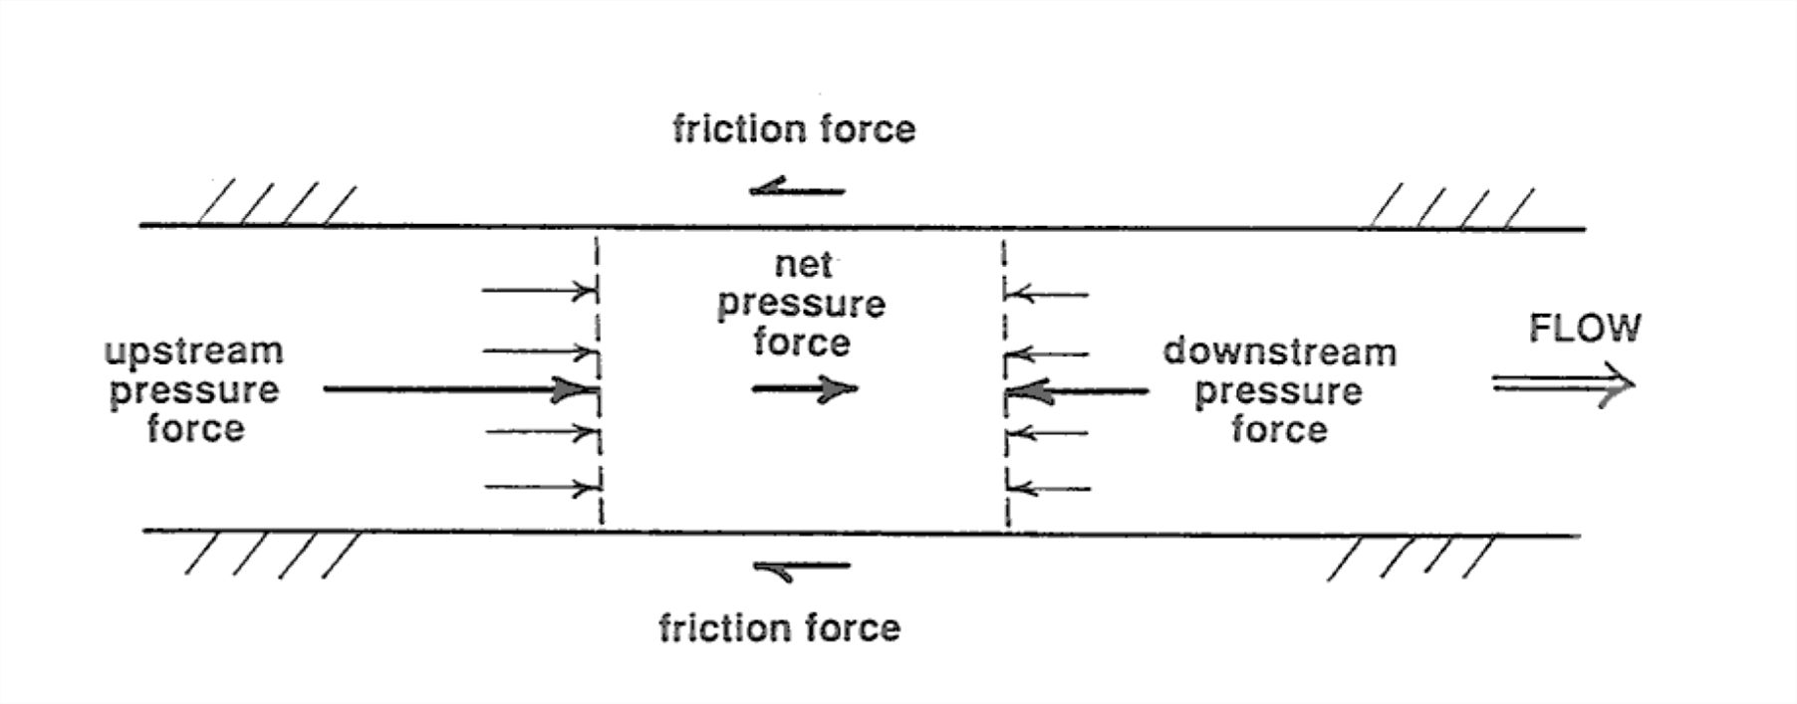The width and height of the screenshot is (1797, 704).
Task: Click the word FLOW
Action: [x=1584, y=329]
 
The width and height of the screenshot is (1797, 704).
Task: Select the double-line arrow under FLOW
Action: [x=1562, y=384]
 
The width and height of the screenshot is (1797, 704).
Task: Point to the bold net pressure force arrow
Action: [x=803, y=388]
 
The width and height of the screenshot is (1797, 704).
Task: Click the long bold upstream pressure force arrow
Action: [x=458, y=388]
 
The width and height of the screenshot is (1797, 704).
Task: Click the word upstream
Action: [x=194, y=352]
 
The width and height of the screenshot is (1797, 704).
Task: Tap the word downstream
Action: [x=1279, y=352]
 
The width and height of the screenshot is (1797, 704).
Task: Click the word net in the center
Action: [x=803, y=265]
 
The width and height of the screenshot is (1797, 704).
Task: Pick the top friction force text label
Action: [x=794, y=129]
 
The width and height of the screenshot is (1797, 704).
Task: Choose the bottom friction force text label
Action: [x=779, y=628]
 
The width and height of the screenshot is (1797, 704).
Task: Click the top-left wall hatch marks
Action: [x=277, y=204]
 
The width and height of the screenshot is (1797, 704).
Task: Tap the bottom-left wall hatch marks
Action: [x=271, y=555]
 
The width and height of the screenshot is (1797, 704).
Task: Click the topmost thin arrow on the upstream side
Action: [x=538, y=292]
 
